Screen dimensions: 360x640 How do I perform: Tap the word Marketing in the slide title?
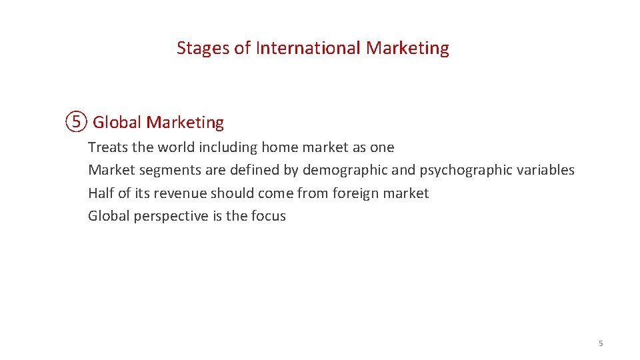tap(407, 48)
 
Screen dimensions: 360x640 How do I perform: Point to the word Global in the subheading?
tap(117, 123)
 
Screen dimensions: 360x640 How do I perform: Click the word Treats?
tap(107, 147)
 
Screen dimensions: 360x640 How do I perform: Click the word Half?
tap(101, 193)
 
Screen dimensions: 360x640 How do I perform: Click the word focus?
tap(269, 216)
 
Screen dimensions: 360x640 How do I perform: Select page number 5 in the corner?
tap(601, 343)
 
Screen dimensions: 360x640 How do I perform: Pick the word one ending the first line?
tap(382, 147)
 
